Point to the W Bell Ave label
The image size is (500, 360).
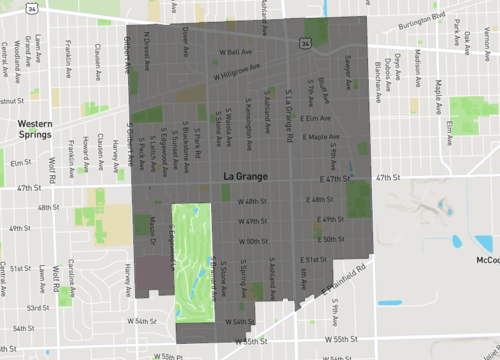pos(233,50)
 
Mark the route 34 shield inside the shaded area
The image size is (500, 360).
pos(303,43)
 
